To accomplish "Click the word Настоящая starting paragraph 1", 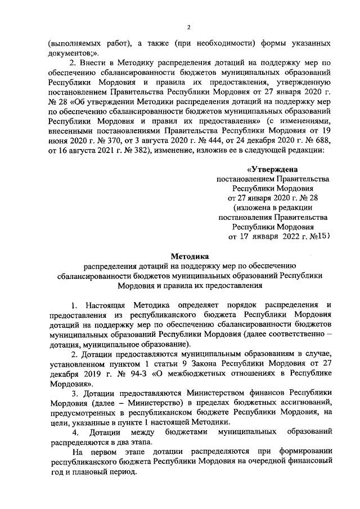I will (x=107, y=305).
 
